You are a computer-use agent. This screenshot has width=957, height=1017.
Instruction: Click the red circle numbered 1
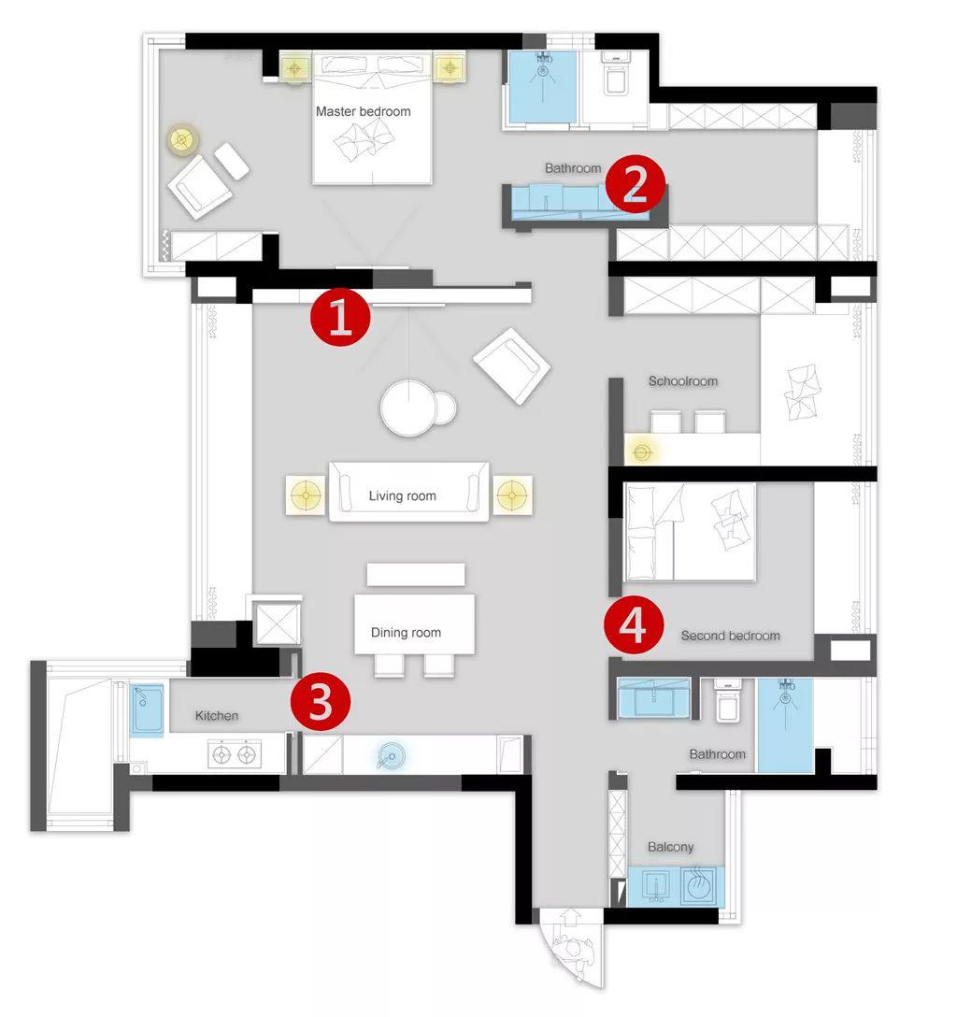coord(340,316)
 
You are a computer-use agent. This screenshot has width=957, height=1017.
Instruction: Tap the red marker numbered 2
coord(635,183)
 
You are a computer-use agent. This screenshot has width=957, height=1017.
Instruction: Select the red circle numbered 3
coord(321,701)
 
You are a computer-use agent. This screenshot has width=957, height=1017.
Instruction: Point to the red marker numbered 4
coord(634,626)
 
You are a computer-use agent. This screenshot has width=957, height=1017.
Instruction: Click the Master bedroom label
coord(364,111)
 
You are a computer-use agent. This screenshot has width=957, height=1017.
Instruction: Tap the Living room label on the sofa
coord(402,496)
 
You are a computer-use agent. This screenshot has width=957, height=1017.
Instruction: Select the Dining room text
coord(406,633)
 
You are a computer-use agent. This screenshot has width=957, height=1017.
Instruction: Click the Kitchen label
coord(217,715)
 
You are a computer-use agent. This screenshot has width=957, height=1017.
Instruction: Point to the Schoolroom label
coord(683,381)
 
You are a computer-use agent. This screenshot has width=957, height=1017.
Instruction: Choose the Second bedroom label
coord(730,636)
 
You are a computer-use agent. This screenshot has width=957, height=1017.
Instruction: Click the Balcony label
coord(670,847)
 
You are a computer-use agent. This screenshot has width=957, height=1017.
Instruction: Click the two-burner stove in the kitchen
coord(234,754)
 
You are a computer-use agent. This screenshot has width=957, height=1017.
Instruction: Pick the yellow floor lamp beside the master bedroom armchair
coord(182,139)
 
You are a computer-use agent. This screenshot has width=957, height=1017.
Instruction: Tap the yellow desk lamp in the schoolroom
coord(641,451)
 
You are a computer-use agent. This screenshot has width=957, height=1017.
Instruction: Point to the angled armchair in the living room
coord(512,365)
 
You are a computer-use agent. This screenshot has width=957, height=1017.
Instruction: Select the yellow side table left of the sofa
coord(306,495)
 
